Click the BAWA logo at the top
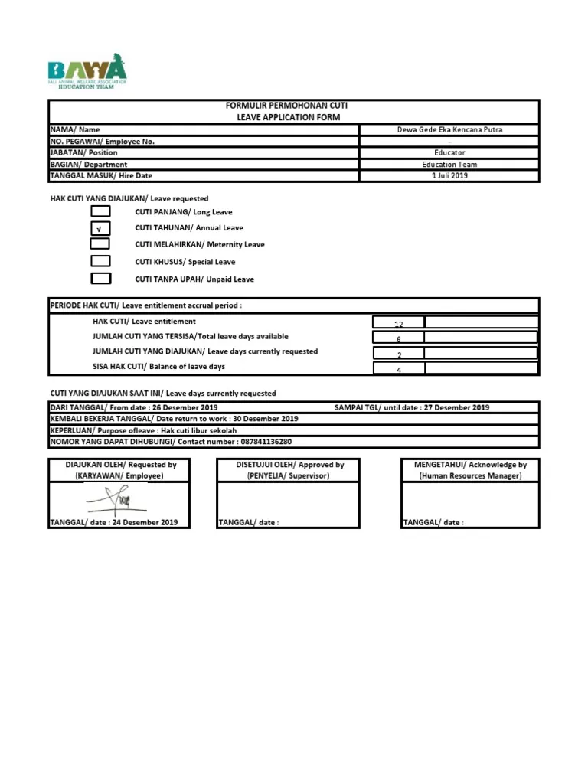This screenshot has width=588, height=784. tap(87, 71)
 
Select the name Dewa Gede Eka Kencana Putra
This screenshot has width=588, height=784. tap(449, 130)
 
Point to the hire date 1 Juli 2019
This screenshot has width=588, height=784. tap(449, 176)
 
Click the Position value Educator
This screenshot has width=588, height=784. tap(449, 153)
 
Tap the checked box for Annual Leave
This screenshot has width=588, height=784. tap(100, 228)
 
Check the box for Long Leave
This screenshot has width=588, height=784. tap(100, 212)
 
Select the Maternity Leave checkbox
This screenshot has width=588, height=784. tap(100, 244)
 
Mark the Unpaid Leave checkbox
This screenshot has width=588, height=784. tap(100, 279)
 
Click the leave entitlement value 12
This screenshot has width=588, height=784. tap(398, 325)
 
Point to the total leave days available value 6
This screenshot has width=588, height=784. tap(398, 339)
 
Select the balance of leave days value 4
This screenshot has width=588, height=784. tap(398, 370)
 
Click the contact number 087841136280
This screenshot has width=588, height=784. tap(256, 442)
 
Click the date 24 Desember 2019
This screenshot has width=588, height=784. tap(145, 523)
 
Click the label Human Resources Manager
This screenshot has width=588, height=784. tap(471, 476)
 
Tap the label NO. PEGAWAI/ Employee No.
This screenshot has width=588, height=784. tap(103, 142)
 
